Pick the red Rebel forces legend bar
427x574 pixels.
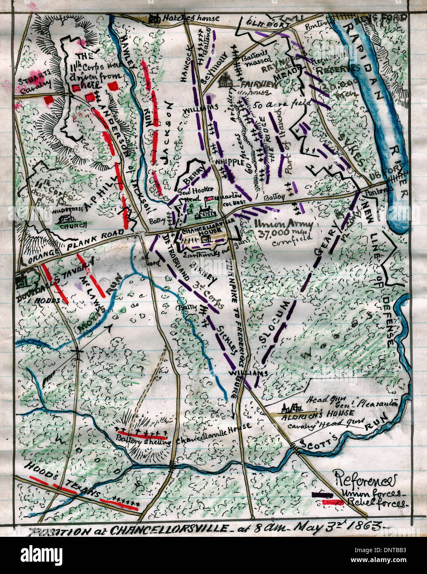coord(333,502)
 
